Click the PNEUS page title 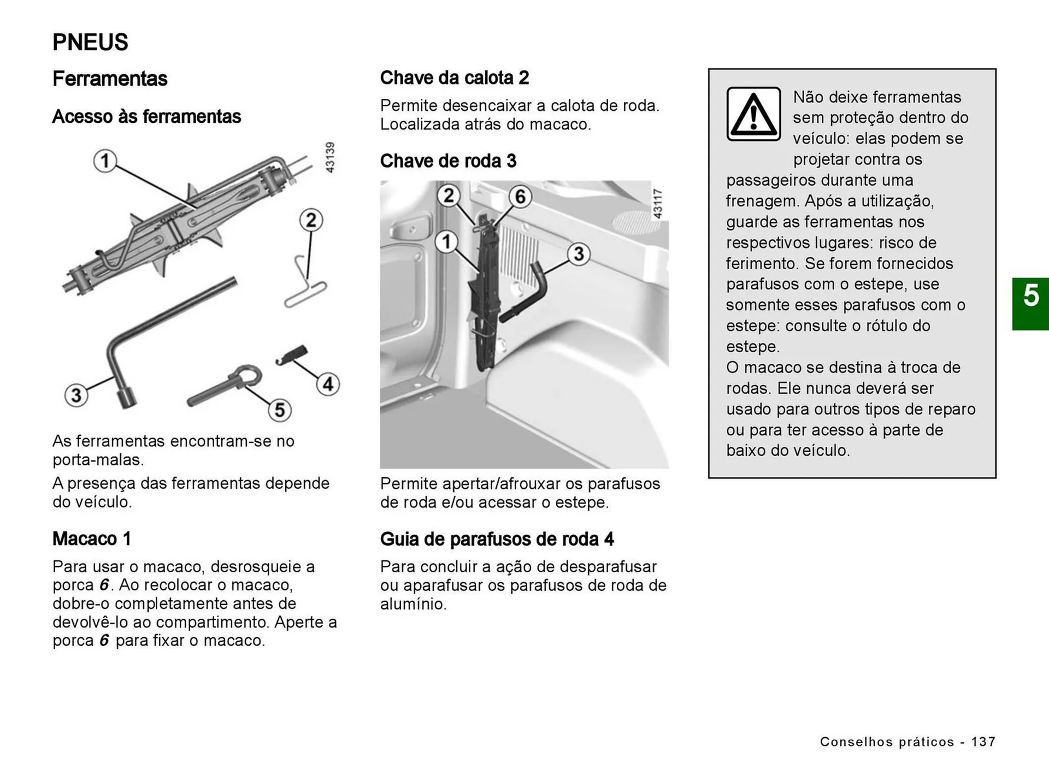click(x=90, y=42)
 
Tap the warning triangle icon click(x=753, y=114)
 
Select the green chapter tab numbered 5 click(x=1030, y=304)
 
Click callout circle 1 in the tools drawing click(x=105, y=161)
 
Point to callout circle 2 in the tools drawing click(x=311, y=220)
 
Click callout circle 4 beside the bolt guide click(x=328, y=384)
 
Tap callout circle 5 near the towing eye click(x=279, y=410)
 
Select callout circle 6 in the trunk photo click(x=520, y=196)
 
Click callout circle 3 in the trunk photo click(x=579, y=253)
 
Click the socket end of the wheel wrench click(x=127, y=398)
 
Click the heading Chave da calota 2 click(x=454, y=78)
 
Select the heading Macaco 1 click(x=91, y=538)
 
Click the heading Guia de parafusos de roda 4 click(x=497, y=539)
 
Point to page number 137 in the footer click(x=983, y=742)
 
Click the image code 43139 click(x=329, y=157)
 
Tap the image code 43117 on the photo click(x=658, y=203)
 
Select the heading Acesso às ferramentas click(x=146, y=116)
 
